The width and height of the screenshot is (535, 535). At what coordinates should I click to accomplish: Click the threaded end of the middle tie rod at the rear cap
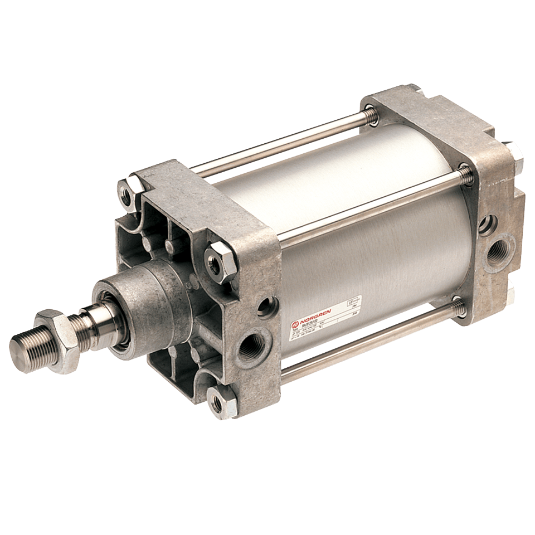tap(464, 173)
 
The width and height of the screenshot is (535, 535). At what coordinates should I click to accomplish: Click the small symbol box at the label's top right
tap(353, 301)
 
